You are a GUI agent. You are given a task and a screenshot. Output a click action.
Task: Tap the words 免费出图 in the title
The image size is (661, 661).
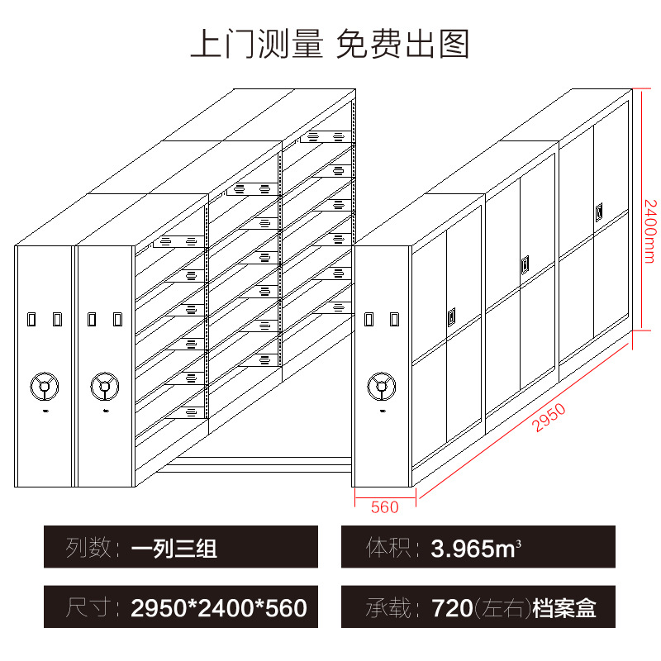[403, 44]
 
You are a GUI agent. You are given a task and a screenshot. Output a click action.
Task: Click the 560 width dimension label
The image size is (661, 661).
[385, 506]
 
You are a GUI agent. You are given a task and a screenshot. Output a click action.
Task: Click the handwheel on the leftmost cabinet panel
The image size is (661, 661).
[43, 385]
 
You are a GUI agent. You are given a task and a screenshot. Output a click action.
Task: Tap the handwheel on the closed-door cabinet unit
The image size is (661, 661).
[382, 385]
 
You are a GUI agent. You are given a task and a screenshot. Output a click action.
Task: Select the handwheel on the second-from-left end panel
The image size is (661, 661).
[104, 385]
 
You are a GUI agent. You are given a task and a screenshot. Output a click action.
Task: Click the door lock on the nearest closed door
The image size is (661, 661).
[451, 316]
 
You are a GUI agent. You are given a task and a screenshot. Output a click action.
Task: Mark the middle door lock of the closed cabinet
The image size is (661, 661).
[524, 265]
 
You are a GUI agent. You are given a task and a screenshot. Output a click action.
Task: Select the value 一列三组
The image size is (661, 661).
[174, 548]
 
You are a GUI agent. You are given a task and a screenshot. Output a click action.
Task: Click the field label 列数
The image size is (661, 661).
[89, 548]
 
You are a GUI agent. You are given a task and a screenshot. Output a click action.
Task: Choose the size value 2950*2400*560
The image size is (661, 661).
[219, 609]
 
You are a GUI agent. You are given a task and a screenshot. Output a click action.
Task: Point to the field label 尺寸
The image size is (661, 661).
[89, 609]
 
